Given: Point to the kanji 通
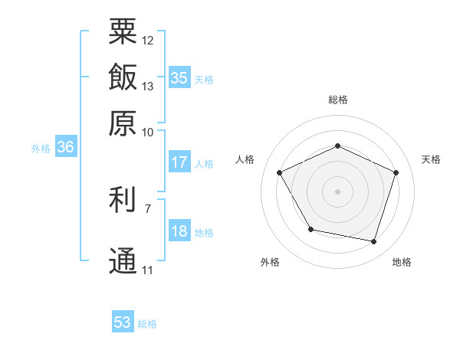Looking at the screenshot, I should point(123,261).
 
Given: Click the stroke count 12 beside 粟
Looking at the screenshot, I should point(148,40).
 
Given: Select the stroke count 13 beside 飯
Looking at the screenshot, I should point(148,86).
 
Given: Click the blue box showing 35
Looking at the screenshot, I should point(179,78).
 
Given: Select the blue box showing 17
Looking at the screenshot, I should point(179,162).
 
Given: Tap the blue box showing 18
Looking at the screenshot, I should point(179,232).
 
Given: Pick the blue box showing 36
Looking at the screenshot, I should point(65,148).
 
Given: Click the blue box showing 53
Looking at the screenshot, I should point(123,322).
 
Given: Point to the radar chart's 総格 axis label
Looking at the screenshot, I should point(338,100).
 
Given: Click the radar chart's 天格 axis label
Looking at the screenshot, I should point(431,159).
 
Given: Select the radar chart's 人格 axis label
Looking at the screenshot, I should point(245,159).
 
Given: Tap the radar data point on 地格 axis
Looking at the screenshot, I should point(373,242).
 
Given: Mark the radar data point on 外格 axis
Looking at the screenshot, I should point(310,230).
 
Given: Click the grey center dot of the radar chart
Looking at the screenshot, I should point(337,191).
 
